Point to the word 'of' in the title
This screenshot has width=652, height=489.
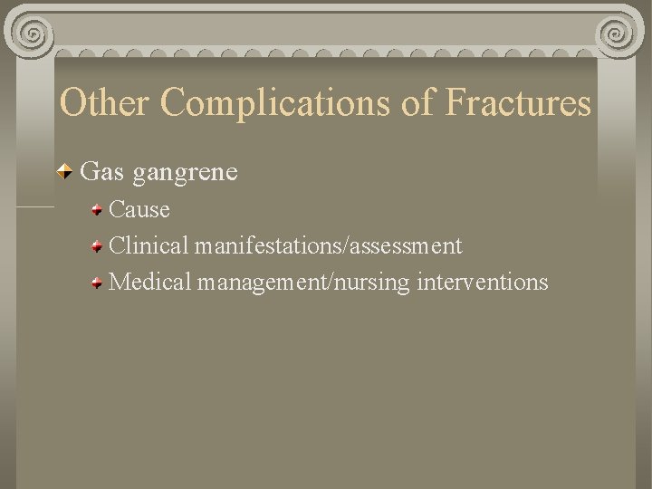coord(418,103)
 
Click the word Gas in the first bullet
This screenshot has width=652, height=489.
coord(101,171)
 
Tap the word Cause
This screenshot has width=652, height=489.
coord(139,210)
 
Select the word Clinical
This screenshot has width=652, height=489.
coord(149,245)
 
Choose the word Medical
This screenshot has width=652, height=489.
coord(150,283)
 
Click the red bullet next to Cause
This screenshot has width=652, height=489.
coord(96,211)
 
